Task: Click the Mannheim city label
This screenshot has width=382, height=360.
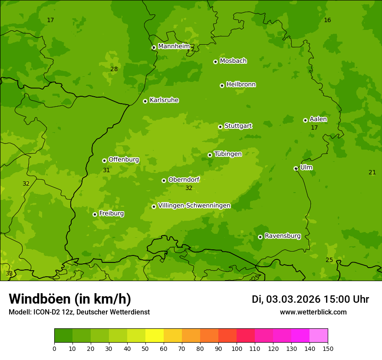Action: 174,46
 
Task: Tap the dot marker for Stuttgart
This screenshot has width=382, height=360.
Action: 220,127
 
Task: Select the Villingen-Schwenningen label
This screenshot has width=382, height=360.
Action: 194,206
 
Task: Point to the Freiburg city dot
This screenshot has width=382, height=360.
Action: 95,214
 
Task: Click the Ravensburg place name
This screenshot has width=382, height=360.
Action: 282,236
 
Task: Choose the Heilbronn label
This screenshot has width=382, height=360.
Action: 241,85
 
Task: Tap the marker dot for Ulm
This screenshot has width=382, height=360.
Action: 296,168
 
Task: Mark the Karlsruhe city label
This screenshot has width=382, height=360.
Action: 164,100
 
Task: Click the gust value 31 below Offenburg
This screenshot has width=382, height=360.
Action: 106,170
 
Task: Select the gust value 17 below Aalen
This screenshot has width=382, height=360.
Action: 314,128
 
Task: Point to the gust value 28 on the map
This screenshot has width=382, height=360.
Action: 114,69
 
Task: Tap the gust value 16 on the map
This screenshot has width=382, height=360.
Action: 327,20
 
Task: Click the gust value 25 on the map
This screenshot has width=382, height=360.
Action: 329,260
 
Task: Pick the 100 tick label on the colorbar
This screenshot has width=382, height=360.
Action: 237,348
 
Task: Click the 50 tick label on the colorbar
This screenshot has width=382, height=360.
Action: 145,348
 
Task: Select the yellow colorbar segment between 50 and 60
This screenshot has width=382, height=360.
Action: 155,336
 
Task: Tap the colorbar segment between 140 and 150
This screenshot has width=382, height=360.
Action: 319,336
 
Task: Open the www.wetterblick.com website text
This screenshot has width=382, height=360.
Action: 313,312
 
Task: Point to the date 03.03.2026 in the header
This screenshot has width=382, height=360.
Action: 293,299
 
